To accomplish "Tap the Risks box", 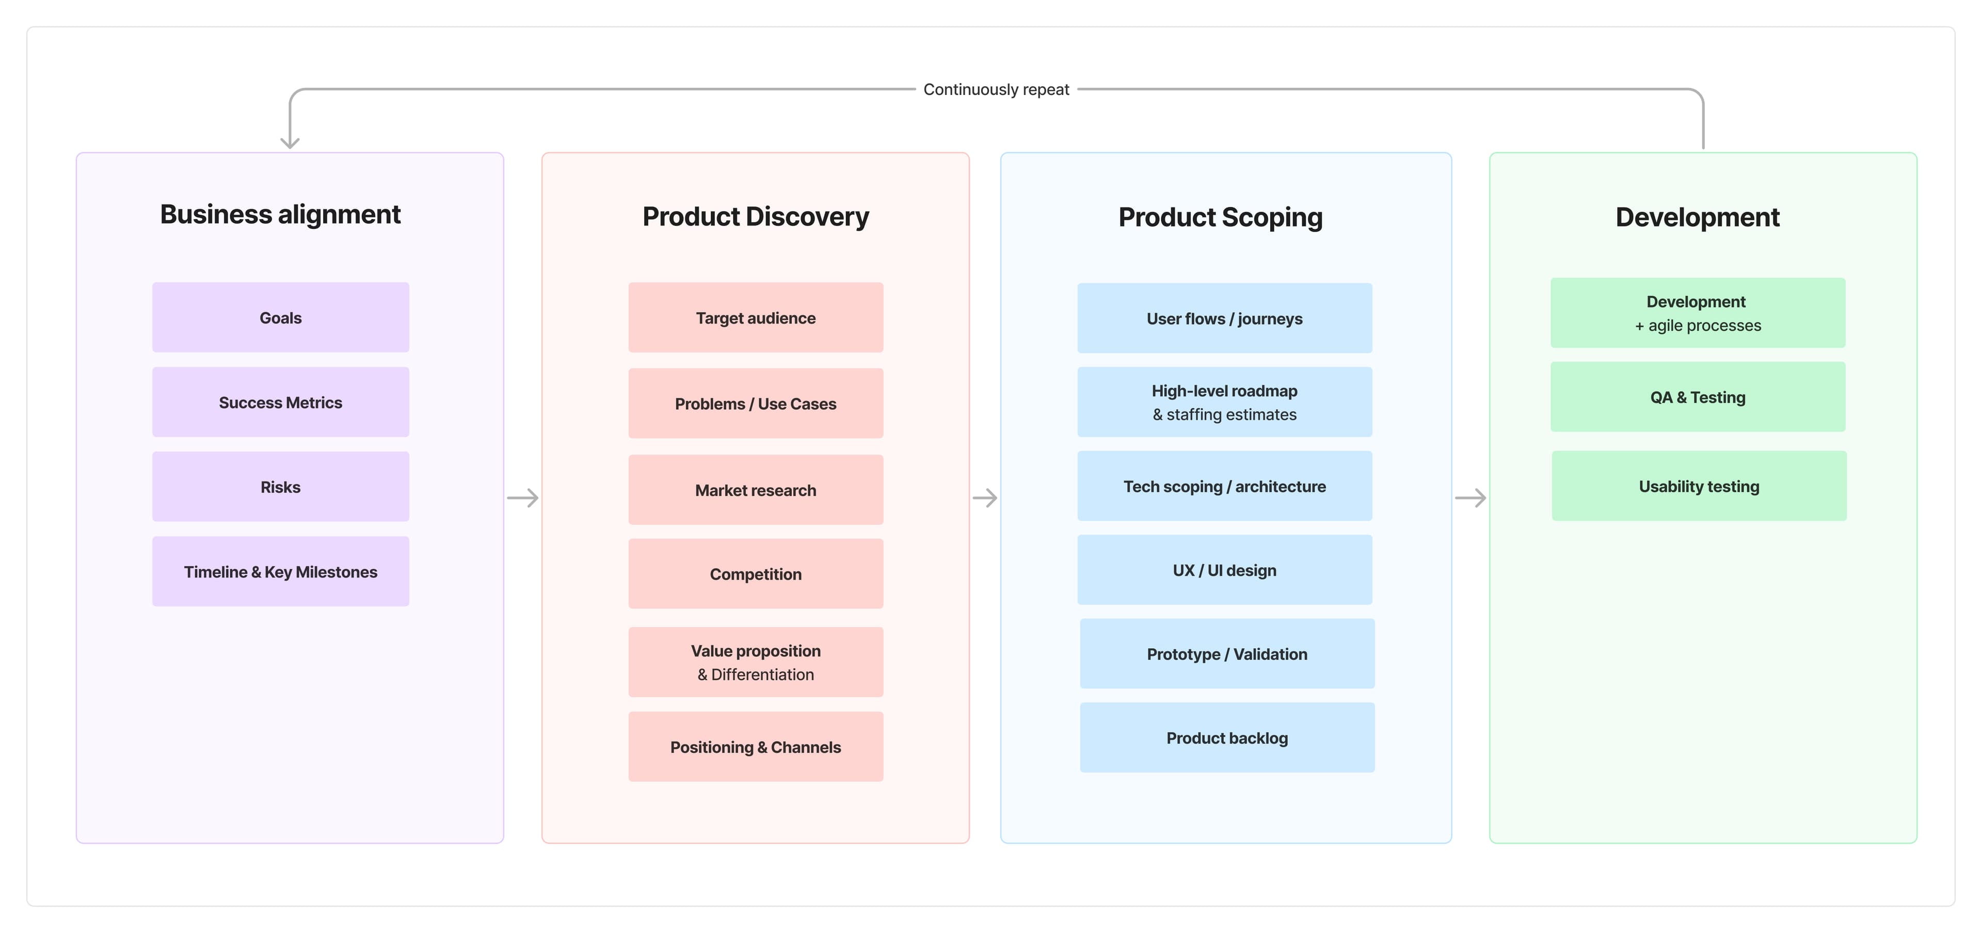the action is pos(281,487).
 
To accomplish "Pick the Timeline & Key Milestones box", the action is pos(281,571).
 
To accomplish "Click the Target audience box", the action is pos(756,318).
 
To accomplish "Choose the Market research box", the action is pos(756,490).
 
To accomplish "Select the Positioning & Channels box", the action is pos(756,747).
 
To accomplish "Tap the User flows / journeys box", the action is pos(1225,318).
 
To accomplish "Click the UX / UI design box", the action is pos(1225,570).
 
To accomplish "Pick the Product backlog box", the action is pos(1227,737).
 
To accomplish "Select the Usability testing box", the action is pos(1699,486).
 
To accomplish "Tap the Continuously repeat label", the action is pos(996,89).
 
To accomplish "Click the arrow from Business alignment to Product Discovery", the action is pos(522,497).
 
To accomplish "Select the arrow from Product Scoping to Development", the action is pos(1470,497).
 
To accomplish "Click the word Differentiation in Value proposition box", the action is pos(762,674).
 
